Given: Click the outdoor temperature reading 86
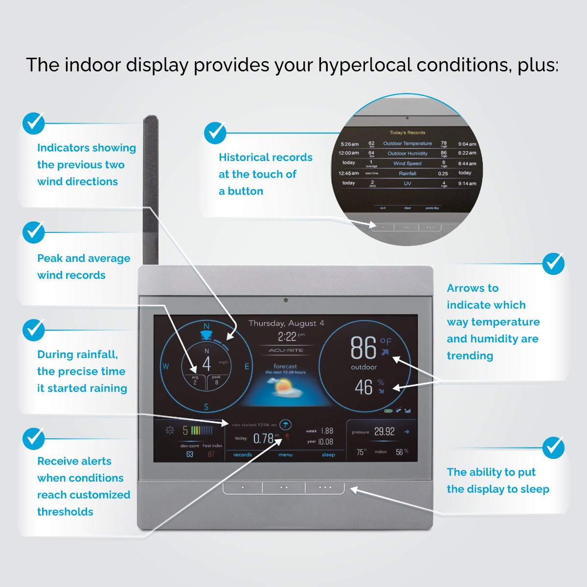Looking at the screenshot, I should (x=363, y=348).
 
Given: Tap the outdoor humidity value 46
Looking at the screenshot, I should (x=363, y=387).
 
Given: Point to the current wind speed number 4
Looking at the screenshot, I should (x=206, y=364).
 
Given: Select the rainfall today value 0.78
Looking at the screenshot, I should (x=263, y=438).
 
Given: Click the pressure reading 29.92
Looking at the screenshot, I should (x=384, y=431).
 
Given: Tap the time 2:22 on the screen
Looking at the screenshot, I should (x=287, y=337).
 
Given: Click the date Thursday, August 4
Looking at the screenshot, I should (x=286, y=323).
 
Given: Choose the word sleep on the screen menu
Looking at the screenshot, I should (x=328, y=455).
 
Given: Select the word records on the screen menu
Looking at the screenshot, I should (x=243, y=455).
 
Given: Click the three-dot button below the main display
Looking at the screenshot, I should (x=325, y=488).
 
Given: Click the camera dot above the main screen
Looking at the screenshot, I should (x=286, y=300).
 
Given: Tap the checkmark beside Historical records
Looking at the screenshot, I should (x=215, y=133).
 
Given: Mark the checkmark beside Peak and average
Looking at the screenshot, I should (x=33, y=233).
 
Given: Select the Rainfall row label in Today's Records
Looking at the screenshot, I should (x=407, y=174).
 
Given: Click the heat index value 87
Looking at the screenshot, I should (x=211, y=454).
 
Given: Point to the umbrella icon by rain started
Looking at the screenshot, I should (x=286, y=425).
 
